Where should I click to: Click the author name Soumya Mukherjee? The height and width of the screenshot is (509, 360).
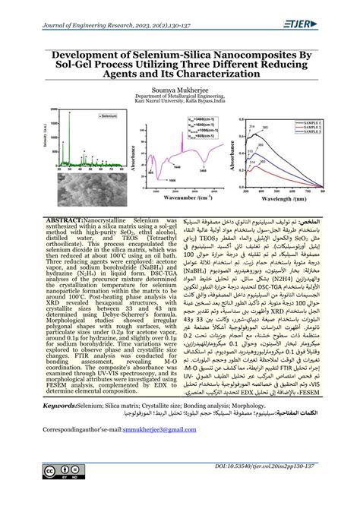coord(179,89)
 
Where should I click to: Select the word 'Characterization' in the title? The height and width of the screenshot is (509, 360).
coord(216,74)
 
